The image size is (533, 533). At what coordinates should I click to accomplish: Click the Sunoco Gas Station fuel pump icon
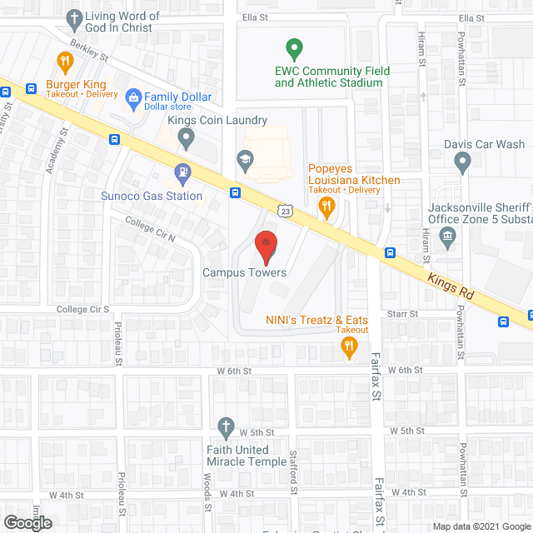[x=182, y=173]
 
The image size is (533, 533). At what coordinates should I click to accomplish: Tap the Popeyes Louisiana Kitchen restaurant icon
[x=328, y=205]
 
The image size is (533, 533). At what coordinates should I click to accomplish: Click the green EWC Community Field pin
[x=292, y=49]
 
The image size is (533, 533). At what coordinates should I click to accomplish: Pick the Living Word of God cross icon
[x=75, y=17]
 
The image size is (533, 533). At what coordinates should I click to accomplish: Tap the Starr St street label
[x=401, y=314]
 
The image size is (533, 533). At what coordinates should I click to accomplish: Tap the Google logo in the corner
[x=27, y=522]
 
